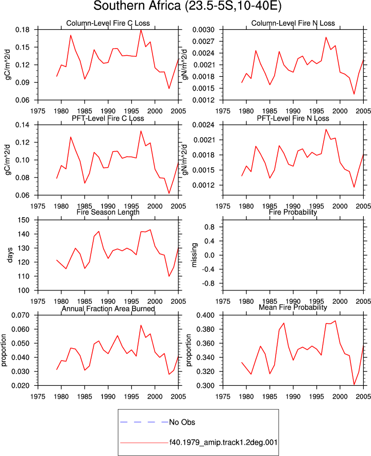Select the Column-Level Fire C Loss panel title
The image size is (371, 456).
[x=108, y=23]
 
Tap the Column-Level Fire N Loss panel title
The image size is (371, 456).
[x=293, y=23]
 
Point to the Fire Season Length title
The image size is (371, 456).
[x=108, y=212]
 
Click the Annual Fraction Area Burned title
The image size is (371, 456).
[x=108, y=308]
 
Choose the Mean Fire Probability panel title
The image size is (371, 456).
[x=293, y=307]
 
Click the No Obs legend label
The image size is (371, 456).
[x=182, y=422]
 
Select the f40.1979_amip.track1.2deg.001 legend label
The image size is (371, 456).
[x=224, y=443]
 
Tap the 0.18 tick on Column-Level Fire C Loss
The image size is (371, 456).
[x=22, y=30]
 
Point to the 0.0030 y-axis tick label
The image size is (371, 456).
[x=204, y=30]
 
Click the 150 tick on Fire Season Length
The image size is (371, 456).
[x=24, y=220]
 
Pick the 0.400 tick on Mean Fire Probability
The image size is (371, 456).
[x=206, y=315]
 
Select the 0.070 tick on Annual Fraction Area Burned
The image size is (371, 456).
[x=20, y=315]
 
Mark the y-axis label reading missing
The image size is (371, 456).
[x=194, y=255]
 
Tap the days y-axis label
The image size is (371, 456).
[x=10, y=255]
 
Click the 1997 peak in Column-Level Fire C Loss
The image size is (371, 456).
[x=141, y=30]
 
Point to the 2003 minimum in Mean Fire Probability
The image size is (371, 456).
[x=354, y=384]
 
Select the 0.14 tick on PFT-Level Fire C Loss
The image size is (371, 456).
[x=22, y=125]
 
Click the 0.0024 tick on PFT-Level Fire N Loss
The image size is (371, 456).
[x=204, y=125]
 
